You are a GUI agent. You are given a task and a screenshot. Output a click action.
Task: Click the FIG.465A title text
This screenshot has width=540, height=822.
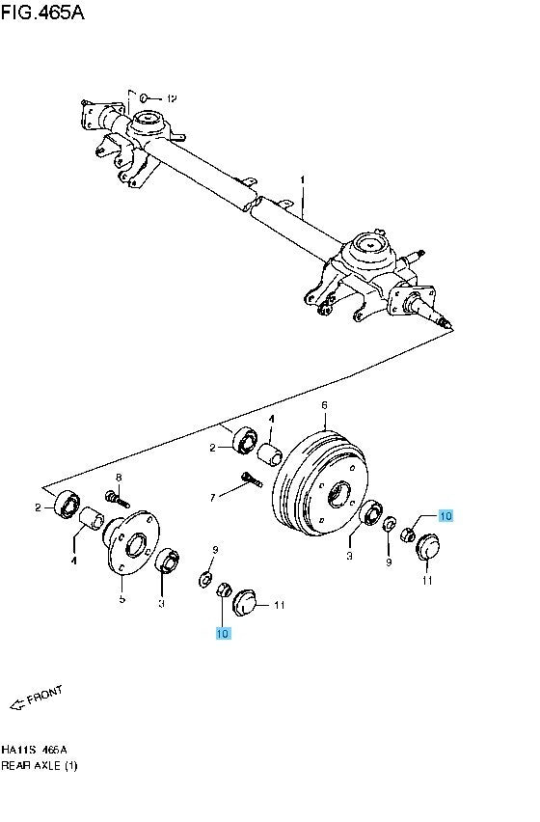coord(42,13)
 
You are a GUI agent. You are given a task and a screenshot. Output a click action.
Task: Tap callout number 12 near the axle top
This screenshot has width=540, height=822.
coord(172,98)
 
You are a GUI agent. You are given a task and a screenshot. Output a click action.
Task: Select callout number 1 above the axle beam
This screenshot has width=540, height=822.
coord(302,179)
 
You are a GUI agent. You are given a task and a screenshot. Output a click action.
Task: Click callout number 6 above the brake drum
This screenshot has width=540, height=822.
coord(325,405)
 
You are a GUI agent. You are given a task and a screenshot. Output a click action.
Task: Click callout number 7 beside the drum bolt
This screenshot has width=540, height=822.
coord(213,498)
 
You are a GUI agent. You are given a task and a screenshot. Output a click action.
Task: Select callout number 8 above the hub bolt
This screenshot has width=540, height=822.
coord(119,477)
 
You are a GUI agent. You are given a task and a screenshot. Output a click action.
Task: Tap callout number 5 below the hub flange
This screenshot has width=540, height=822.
coord(121,599)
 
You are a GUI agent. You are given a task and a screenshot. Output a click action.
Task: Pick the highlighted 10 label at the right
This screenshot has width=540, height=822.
coord(445,516)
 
